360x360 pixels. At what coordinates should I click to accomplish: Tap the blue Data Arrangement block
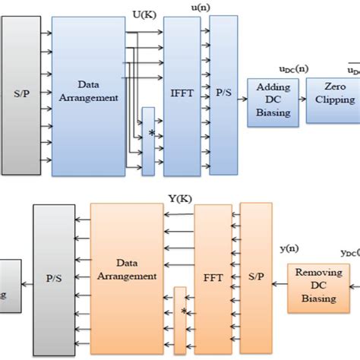[89, 96]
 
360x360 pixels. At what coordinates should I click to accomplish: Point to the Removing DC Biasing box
[314, 288]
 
